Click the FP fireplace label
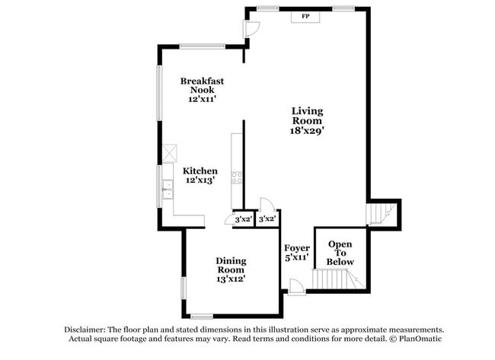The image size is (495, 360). pos(305,16)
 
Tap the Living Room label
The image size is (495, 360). pos(307,116)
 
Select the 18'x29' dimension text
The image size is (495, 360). pos(307,130)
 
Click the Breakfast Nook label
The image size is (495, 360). pos(202,84)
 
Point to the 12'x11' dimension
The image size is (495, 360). pos(202,99)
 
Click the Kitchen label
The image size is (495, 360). pos(201,171)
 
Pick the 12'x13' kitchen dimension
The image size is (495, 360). pos(201,181)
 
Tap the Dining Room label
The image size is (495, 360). pos(230,265)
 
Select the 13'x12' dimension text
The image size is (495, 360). pos(230,279)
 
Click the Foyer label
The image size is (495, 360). pos(296,248)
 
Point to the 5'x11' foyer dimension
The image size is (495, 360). pos(296,258)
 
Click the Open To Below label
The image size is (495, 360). pos(340,253)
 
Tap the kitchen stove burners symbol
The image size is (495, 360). pos(237,179)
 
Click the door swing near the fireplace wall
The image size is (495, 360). pos(251,27)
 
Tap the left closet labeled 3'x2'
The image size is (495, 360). pos(243,219)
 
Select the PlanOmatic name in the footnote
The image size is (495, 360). pos(420,338)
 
